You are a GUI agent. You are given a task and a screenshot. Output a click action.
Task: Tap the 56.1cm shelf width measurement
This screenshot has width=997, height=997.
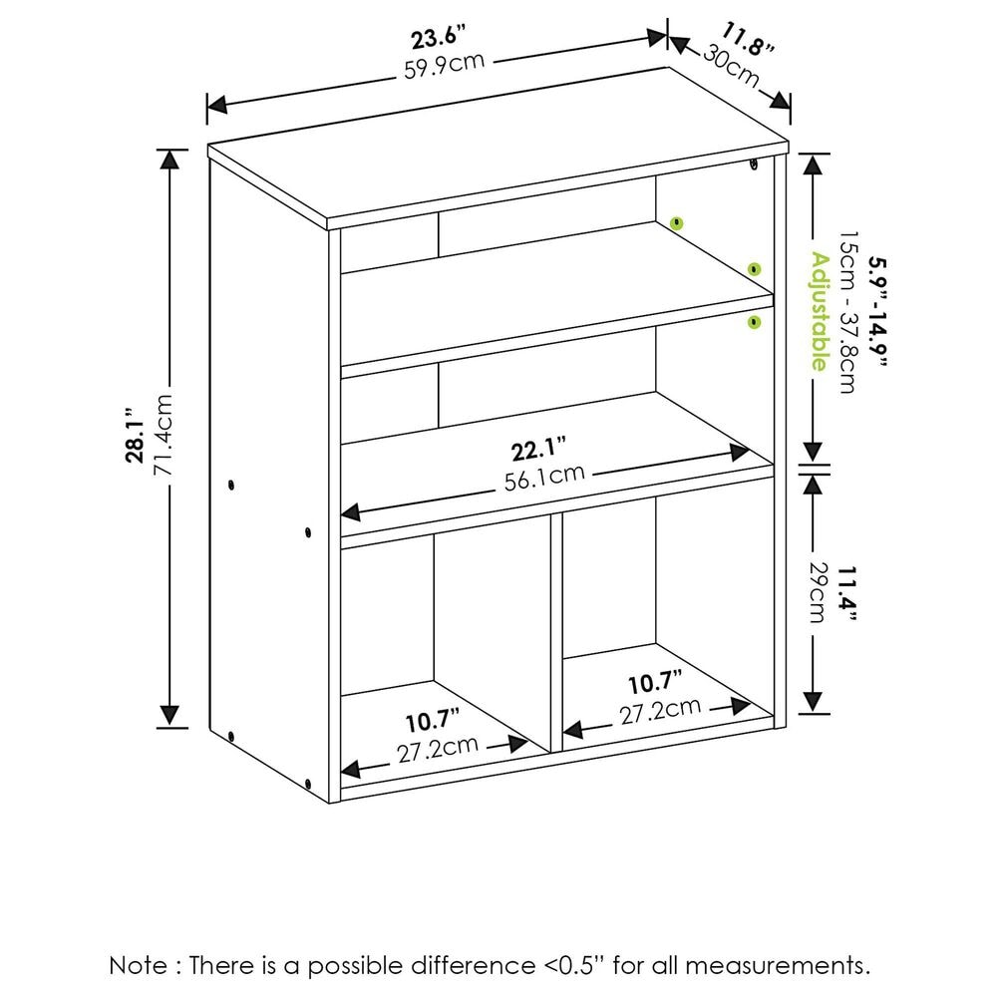[x=544, y=476]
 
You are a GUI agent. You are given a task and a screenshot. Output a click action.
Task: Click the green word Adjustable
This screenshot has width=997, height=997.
[x=819, y=311]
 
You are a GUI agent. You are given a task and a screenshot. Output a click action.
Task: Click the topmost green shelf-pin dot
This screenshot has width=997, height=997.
[x=677, y=221]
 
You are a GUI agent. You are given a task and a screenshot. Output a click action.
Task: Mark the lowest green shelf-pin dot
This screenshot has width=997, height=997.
[x=754, y=321]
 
